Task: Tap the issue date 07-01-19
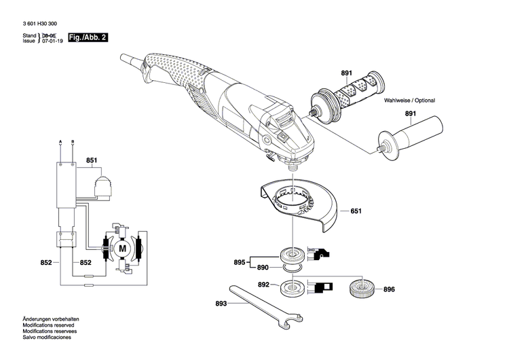[52, 41]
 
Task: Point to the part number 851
[92, 161]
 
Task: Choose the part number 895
[239, 262]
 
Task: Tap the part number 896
[389, 289]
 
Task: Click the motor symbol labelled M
[123, 249]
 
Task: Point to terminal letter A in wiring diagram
[61, 141]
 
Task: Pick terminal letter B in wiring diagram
[73, 141]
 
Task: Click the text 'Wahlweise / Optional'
[409, 101]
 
